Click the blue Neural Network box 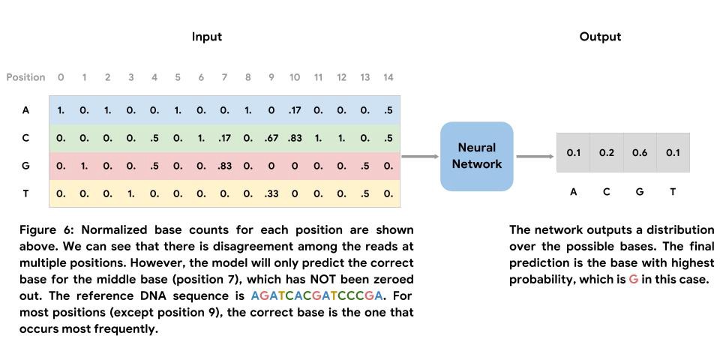[476, 156]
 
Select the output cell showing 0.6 [640, 153]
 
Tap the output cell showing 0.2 [607, 153]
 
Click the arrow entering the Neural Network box [420, 157]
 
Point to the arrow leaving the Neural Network [535, 157]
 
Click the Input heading [206, 36]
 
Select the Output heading [600, 36]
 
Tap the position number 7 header [224, 77]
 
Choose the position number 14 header [388, 77]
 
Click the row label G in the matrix [26, 166]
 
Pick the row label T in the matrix [26, 193]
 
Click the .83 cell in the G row [224, 166]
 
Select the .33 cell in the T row [271, 193]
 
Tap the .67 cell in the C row [271, 138]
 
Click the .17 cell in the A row [295, 110]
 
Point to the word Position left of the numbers [25, 77]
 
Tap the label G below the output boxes [640, 192]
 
